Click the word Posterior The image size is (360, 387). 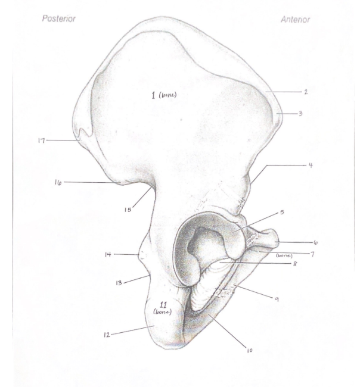pyautogui.click(x=59, y=18)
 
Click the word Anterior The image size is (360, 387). pyautogui.click(x=295, y=20)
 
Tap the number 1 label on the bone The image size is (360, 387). pyautogui.click(x=154, y=95)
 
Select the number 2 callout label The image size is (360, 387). pyautogui.click(x=306, y=92)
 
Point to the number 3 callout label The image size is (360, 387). pyautogui.click(x=300, y=114)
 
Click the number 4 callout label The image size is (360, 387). pyautogui.click(x=311, y=165)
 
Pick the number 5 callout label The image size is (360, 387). pyautogui.click(x=282, y=213)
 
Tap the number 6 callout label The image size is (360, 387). pyautogui.click(x=315, y=242)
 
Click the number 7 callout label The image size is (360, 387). pyautogui.click(x=312, y=254)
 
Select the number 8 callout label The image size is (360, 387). pyautogui.click(x=294, y=264)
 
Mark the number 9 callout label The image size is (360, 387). pyautogui.click(x=277, y=299)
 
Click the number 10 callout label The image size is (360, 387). pyautogui.click(x=250, y=350)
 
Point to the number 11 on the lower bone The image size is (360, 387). pyautogui.click(x=163, y=305)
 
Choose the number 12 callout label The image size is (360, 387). pyautogui.click(x=107, y=335)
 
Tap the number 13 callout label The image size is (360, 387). pyautogui.click(x=119, y=283)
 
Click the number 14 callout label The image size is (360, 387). pyautogui.click(x=108, y=254)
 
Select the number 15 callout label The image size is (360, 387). pyautogui.click(x=128, y=210)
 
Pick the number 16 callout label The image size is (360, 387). pyautogui.click(x=58, y=183)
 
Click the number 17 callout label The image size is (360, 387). pyautogui.click(x=42, y=141)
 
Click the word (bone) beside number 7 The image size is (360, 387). pyautogui.click(x=284, y=255)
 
